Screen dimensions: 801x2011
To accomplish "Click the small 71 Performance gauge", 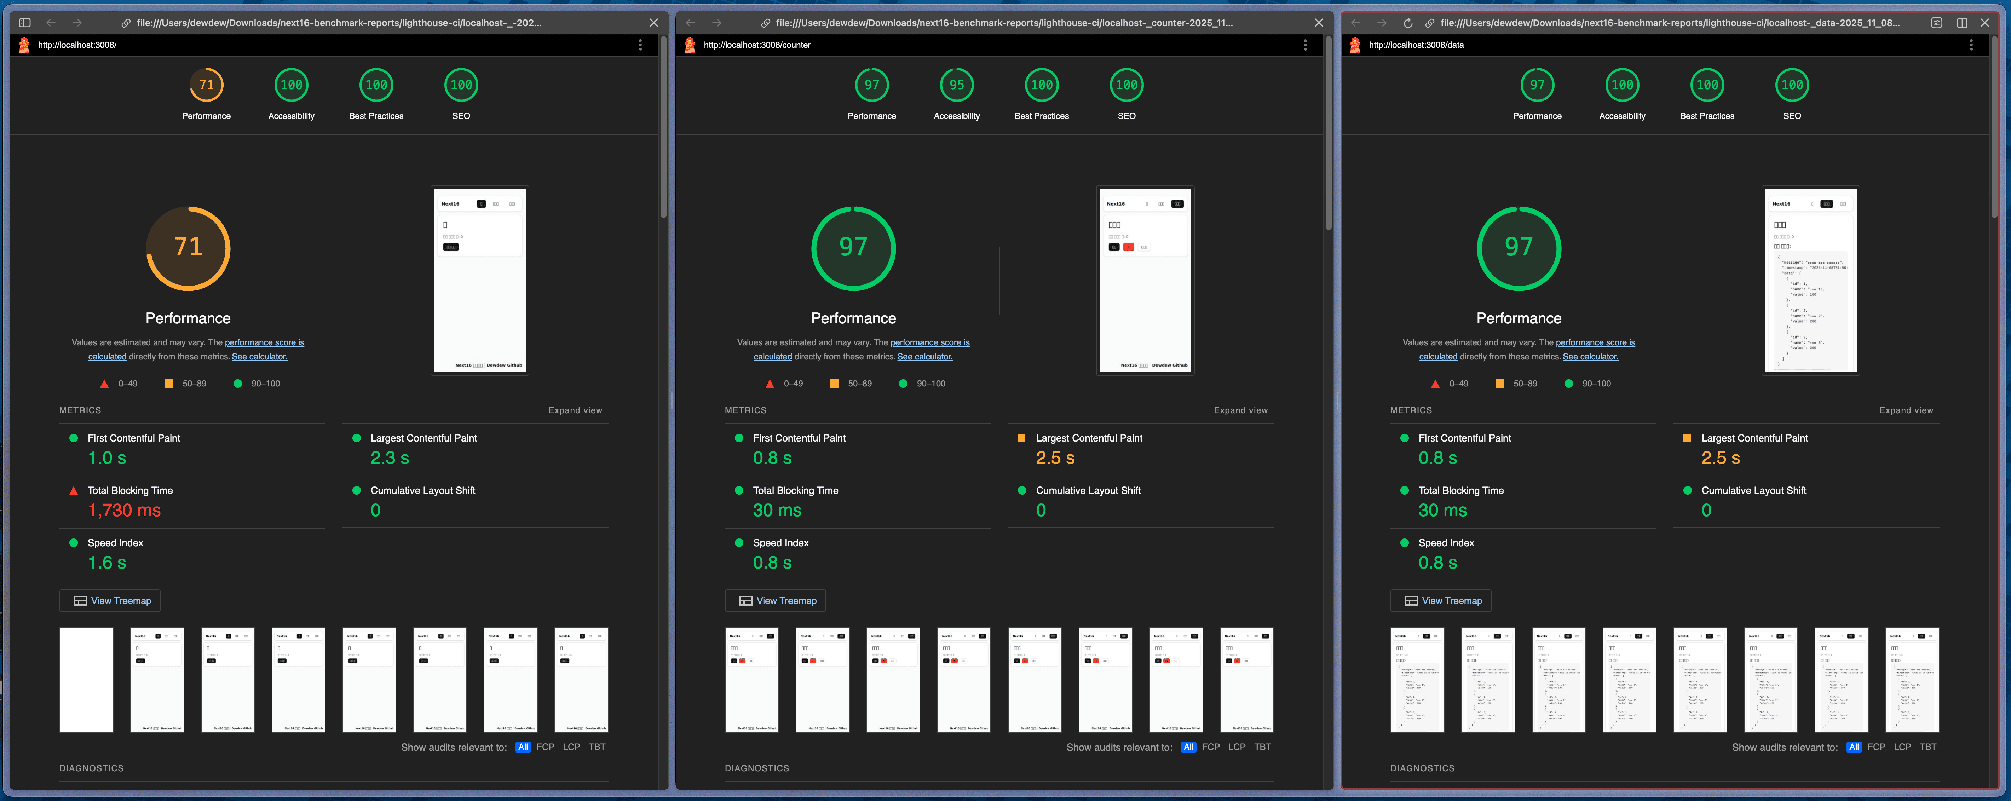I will click(x=206, y=85).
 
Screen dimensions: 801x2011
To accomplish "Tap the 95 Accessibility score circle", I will click(x=956, y=85).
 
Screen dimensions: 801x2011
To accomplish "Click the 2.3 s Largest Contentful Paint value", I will click(x=390, y=458).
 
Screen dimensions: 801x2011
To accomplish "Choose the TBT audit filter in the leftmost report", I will click(x=597, y=747).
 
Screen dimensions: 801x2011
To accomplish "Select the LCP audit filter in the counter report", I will click(x=1237, y=747).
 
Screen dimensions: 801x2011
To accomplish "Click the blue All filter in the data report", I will click(x=1853, y=747).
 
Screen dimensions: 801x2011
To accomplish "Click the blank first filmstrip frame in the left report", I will click(x=87, y=679).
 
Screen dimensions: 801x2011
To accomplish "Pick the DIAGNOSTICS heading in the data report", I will click(x=1422, y=768).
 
